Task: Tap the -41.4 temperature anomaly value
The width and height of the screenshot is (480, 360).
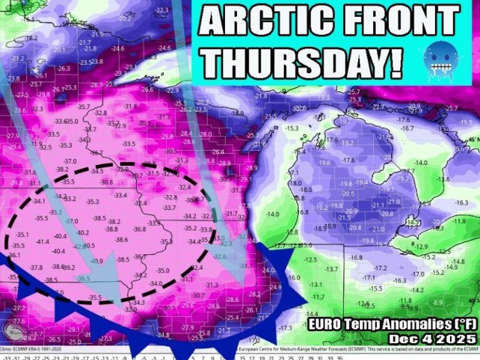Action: (x=42, y=241)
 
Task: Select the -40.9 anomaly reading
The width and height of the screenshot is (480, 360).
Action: (x=96, y=261)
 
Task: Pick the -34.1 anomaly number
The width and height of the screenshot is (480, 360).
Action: (x=39, y=201)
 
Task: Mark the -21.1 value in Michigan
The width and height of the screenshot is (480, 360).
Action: (x=377, y=205)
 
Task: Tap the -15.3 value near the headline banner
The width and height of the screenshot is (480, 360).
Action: (x=292, y=129)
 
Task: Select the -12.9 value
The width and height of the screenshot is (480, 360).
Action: (x=422, y=246)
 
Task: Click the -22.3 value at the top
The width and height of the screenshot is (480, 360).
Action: (x=162, y=10)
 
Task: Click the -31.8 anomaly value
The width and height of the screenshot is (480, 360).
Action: (x=129, y=106)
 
